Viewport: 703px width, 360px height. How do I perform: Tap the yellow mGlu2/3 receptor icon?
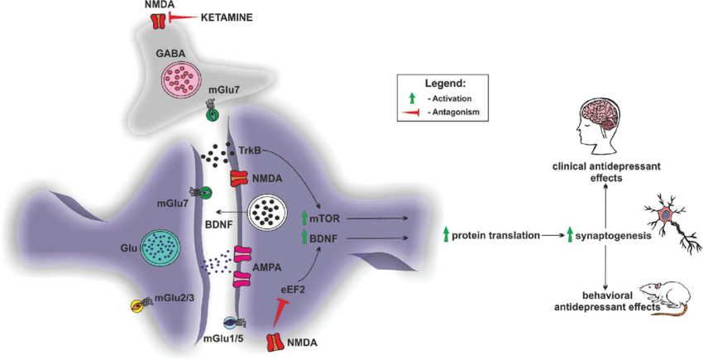[x=140, y=305]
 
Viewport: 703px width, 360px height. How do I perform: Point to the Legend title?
[x=446, y=84]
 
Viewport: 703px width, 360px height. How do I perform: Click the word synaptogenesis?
[x=613, y=236]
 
